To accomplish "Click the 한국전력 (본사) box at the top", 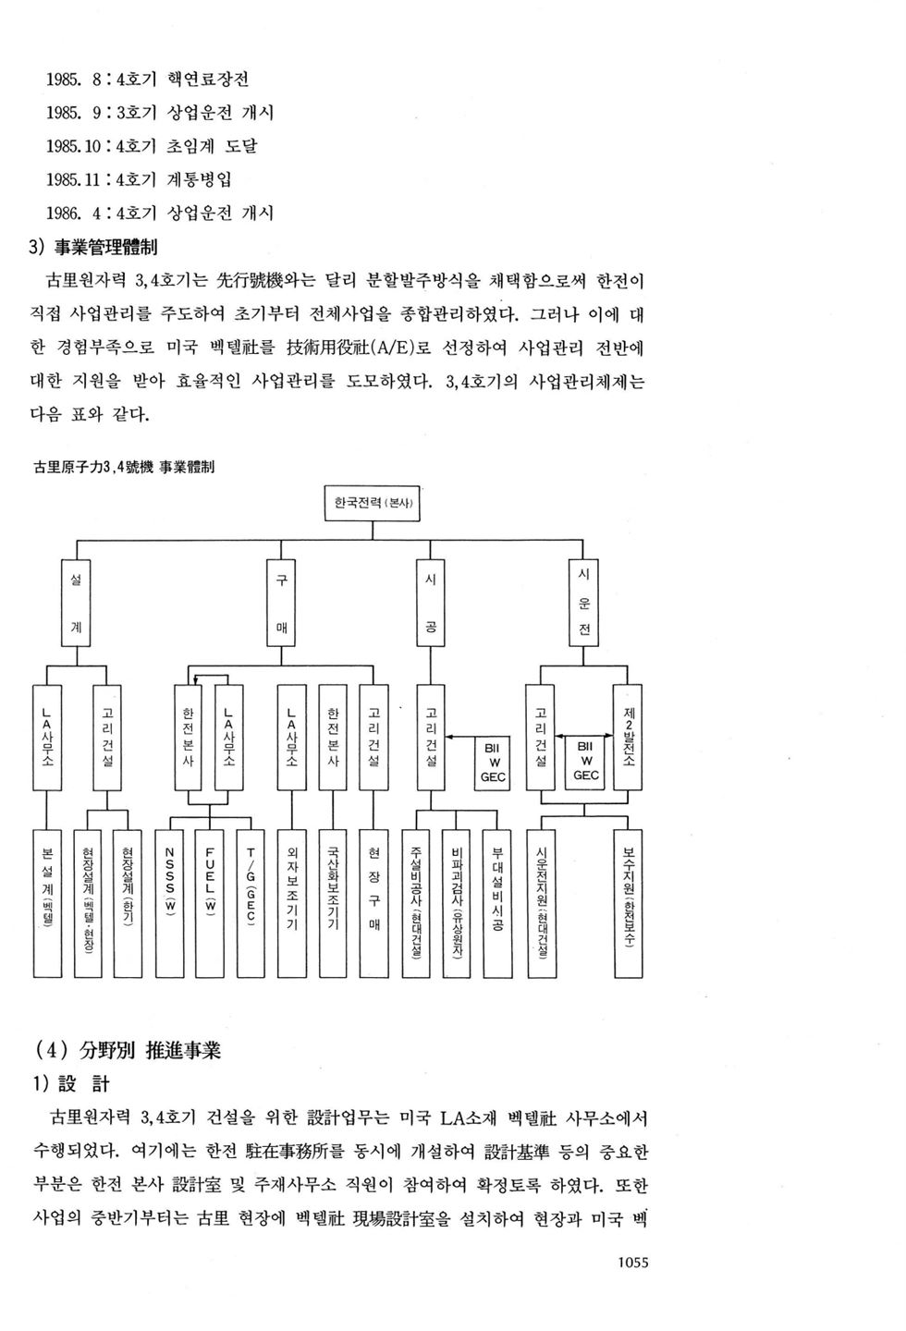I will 373,504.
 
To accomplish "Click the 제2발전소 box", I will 628,737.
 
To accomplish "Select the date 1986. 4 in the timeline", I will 73,213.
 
